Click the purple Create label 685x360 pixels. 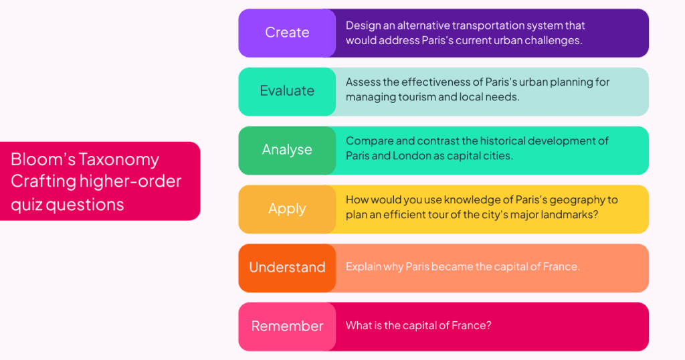(287, 33)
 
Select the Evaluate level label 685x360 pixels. (287, 91)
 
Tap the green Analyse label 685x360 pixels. (287, 150)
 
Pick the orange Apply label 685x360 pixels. (287, 209)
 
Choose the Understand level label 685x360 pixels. (287, 268)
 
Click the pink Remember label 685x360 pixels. (287, 327)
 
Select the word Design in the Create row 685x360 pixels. (362, 26)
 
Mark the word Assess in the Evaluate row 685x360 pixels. (362, 82)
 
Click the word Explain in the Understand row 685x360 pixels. (363, 267)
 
